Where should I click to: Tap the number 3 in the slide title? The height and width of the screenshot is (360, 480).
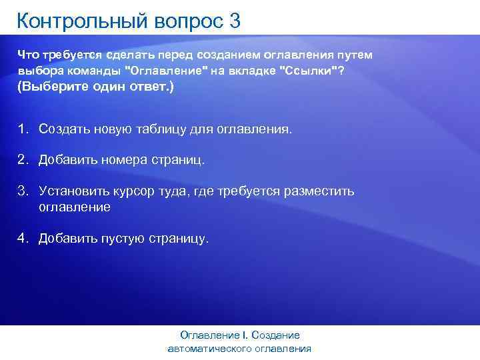pos(234,21)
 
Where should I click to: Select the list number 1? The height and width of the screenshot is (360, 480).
pos(23,128)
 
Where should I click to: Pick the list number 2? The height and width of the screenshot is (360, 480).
pos(23,160)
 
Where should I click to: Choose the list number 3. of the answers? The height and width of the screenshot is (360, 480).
pos(23,191)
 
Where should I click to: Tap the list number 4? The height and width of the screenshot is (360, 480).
pos(23,238)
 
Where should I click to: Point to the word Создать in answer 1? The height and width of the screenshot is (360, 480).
pos(63,128)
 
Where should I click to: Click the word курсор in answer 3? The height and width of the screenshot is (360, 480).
pos(137,191)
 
